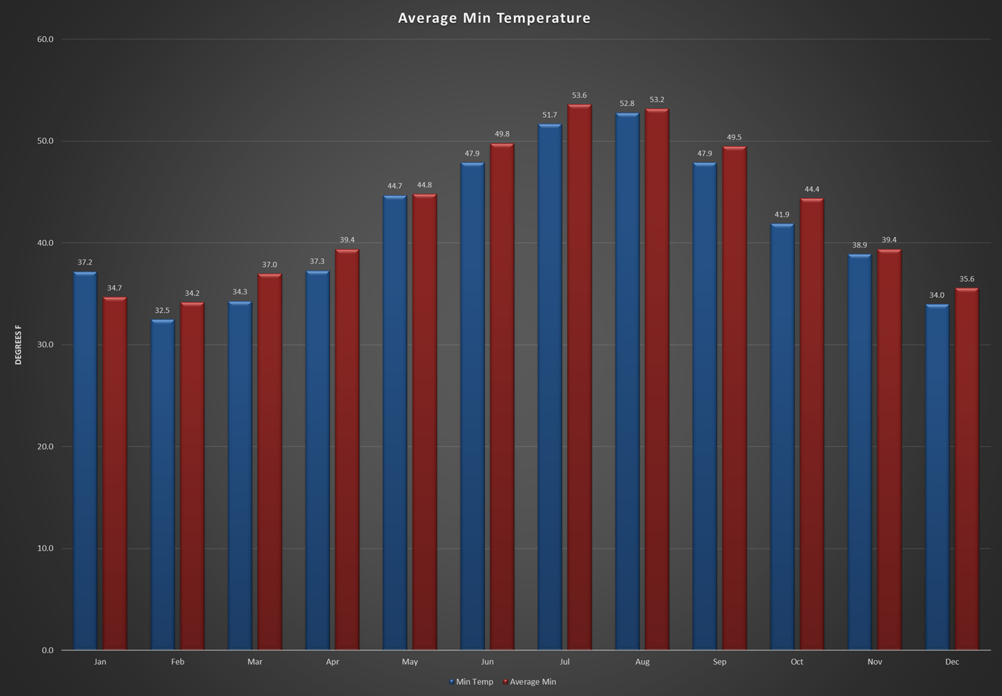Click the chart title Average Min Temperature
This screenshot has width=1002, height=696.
(494, 18)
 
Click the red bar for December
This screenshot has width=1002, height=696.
(966, 469)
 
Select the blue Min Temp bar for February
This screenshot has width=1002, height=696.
(162, 484)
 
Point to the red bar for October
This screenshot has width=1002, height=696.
(812, 424)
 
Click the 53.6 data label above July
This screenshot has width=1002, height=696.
(580, 95)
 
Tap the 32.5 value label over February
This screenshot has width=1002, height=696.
(162, 310)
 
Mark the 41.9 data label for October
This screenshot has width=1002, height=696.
(781, 215)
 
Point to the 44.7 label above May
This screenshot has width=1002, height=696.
(395, 186)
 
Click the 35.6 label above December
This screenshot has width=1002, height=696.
(966, 279)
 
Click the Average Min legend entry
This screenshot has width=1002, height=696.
(530, 682)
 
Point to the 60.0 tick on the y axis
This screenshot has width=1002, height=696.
(45, 39)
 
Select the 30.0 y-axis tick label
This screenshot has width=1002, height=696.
(45, 345)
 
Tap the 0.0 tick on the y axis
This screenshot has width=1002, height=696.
(48, 651)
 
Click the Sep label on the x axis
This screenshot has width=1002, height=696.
(719, 662)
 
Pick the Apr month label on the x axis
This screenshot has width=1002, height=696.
(332, 662)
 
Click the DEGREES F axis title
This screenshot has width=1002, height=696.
(18, 344)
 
